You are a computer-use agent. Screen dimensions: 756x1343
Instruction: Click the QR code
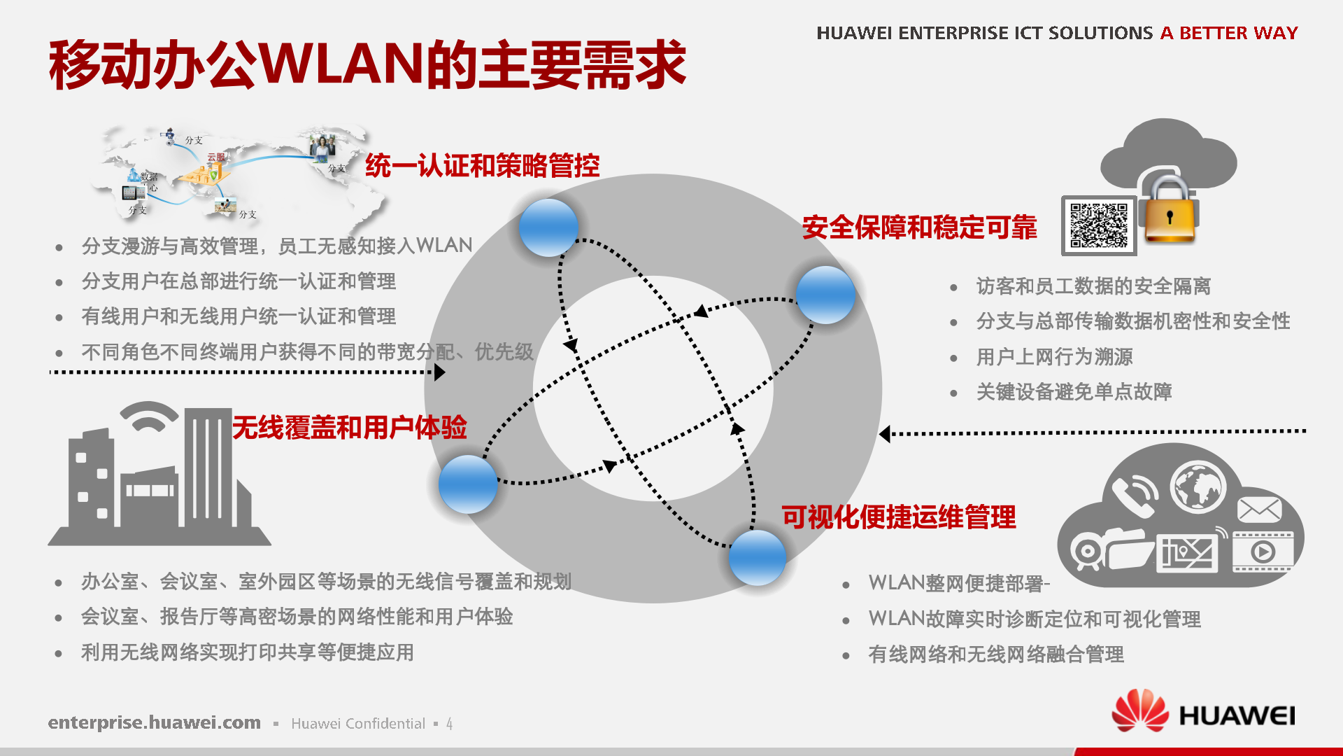(x=1099, y=225)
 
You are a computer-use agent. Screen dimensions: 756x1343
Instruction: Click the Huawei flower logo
(x=1140, y=711)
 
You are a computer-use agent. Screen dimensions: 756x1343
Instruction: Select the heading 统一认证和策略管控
(x=482, y=166)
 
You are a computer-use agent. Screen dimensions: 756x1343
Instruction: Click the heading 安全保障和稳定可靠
(x=919, y=227)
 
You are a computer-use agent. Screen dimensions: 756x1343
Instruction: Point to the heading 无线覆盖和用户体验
(x=349, y=427)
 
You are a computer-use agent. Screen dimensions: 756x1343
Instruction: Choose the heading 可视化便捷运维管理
(x=898, y=517)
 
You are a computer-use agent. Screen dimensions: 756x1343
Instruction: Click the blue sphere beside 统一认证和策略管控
(x=548, y=227)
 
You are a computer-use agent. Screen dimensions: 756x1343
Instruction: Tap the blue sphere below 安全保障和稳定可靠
(x=825, y=295)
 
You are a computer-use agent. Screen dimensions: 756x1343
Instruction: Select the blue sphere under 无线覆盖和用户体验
(x=468, y=484)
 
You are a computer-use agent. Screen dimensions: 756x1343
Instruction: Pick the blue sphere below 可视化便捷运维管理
(x=757, y=557)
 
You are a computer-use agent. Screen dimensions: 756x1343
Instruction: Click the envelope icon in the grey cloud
(x=1259, y=510)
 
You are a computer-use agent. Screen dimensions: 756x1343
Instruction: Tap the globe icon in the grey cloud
(x=1198, y=486)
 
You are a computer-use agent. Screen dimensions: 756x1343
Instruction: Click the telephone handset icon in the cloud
(x=1133, y=495)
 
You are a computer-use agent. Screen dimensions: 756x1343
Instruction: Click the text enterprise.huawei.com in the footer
(x=154, y=722)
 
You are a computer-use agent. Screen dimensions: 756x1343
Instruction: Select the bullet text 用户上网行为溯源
(x=1054, y=357)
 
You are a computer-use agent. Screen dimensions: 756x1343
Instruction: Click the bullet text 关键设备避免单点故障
(x=1074, y=392)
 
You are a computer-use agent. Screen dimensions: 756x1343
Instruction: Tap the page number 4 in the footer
(x=449, y=724)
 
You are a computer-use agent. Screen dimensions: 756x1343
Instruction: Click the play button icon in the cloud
(x=1263, y=552)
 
